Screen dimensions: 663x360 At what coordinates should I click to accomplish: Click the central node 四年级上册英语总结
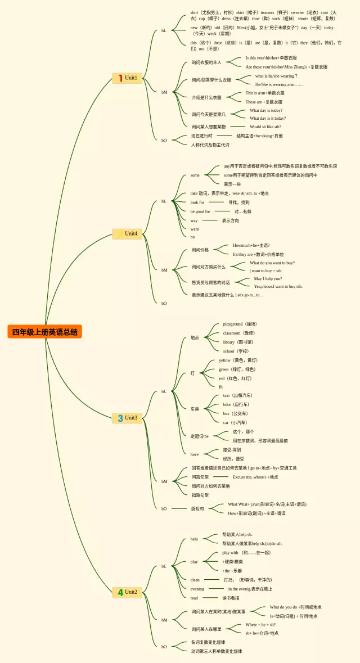45,332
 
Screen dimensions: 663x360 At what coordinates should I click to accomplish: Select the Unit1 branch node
127,78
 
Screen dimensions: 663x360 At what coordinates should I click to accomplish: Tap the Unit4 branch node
127,233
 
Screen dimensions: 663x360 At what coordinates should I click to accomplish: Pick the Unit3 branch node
127,418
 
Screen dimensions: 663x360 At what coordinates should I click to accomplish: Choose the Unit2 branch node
127,592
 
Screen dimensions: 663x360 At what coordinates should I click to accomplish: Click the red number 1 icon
120,78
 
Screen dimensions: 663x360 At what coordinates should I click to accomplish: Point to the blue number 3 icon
120,418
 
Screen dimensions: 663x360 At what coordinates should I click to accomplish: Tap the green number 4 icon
120,592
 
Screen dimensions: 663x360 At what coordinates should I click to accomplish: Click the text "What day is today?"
266,110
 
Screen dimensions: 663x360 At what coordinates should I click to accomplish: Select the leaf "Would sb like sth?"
265,127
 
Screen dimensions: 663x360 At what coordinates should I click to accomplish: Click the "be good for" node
200,211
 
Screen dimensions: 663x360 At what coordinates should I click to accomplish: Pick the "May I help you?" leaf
268,278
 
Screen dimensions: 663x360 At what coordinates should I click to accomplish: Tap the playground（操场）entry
240,324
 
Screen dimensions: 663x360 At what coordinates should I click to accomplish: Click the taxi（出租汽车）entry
237,395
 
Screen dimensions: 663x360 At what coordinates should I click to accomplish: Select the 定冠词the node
199,436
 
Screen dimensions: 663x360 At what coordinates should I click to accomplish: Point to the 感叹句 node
197,508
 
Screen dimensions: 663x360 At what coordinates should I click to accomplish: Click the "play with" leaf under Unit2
230,553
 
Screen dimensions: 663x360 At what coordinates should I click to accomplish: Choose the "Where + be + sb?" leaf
260,624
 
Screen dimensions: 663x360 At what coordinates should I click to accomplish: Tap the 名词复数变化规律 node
208,642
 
